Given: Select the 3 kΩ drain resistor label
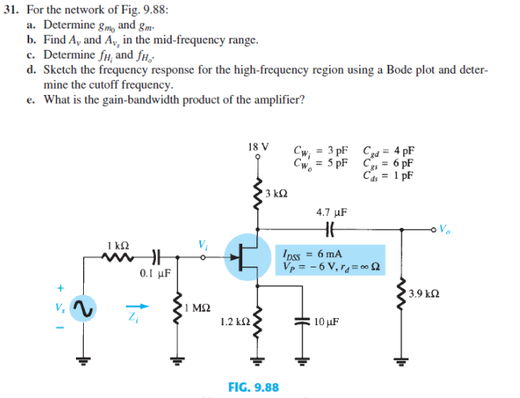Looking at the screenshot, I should [276, 193].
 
